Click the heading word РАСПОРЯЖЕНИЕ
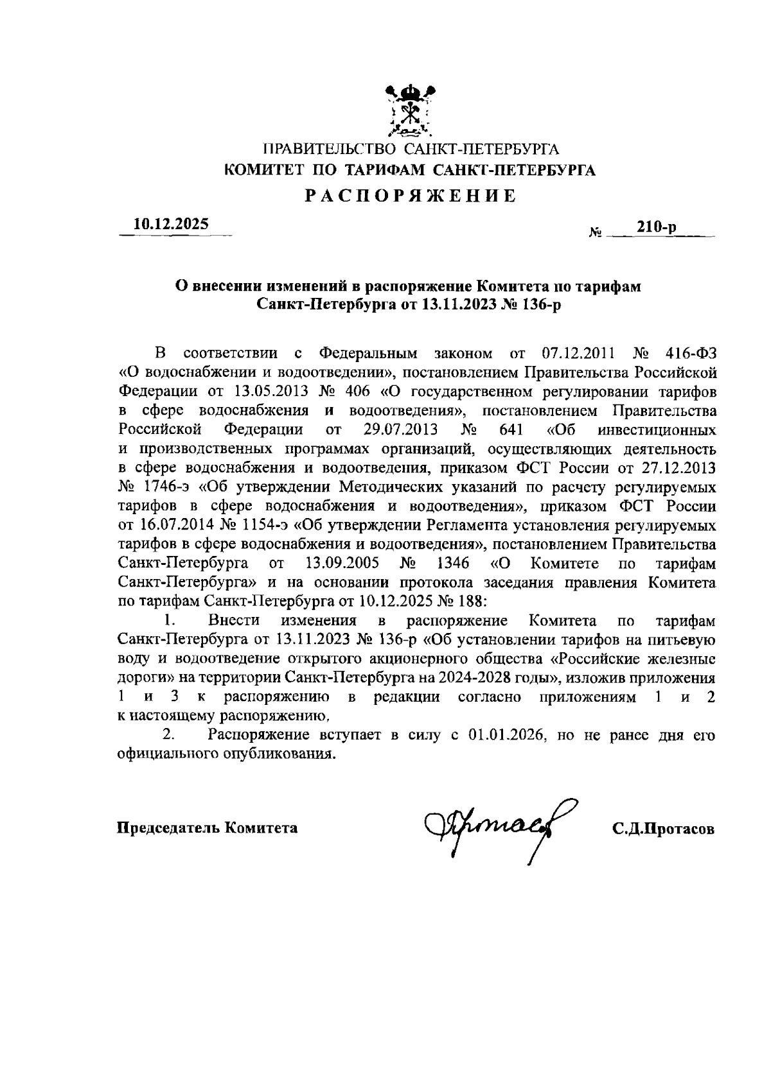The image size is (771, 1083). (410, 196)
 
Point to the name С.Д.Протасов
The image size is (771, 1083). (663, 829)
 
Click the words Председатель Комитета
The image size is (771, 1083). (207, 827)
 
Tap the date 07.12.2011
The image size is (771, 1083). (580, 353)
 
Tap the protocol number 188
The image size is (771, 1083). (473, 602)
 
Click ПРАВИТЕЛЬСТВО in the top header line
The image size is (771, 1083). (328, 150)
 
